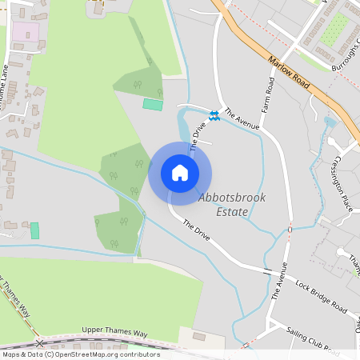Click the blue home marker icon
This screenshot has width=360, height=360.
180,173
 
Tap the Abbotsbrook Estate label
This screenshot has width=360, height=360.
232,205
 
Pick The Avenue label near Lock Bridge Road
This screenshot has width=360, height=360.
279,280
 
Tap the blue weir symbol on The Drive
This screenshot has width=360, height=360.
214,116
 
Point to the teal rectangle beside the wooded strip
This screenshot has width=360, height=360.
152,104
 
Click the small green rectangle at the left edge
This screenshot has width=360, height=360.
34,230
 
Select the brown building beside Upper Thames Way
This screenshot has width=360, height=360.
198,337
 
